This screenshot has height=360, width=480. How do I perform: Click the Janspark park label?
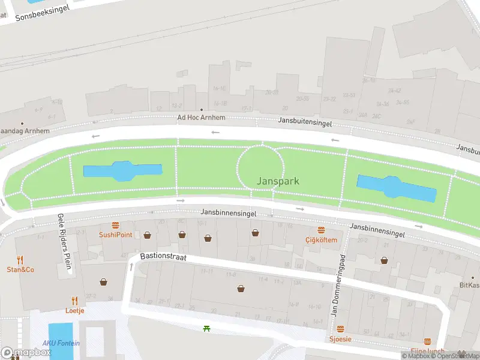pos(278,181)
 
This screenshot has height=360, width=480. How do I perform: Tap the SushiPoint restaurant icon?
pos(116,225)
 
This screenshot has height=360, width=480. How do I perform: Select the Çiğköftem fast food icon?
pos(321,230)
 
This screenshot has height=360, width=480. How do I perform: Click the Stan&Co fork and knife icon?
pos(20,260)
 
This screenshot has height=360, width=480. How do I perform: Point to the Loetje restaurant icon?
pos(75,301)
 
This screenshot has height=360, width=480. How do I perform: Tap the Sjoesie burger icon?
pos(340,329)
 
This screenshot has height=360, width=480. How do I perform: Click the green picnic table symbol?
pos(207,328)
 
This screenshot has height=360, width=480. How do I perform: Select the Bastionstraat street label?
pos(164,256)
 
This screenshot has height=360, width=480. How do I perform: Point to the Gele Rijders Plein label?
pos(64,244)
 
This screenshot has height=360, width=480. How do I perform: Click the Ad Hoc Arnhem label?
pos(201,118)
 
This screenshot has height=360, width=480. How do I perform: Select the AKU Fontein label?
pos(61,343)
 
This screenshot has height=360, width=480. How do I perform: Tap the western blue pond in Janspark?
pos(122,171)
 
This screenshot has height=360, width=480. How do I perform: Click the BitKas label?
pos(469,285)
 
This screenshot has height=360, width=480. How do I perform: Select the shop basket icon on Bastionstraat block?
pos(241,289)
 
